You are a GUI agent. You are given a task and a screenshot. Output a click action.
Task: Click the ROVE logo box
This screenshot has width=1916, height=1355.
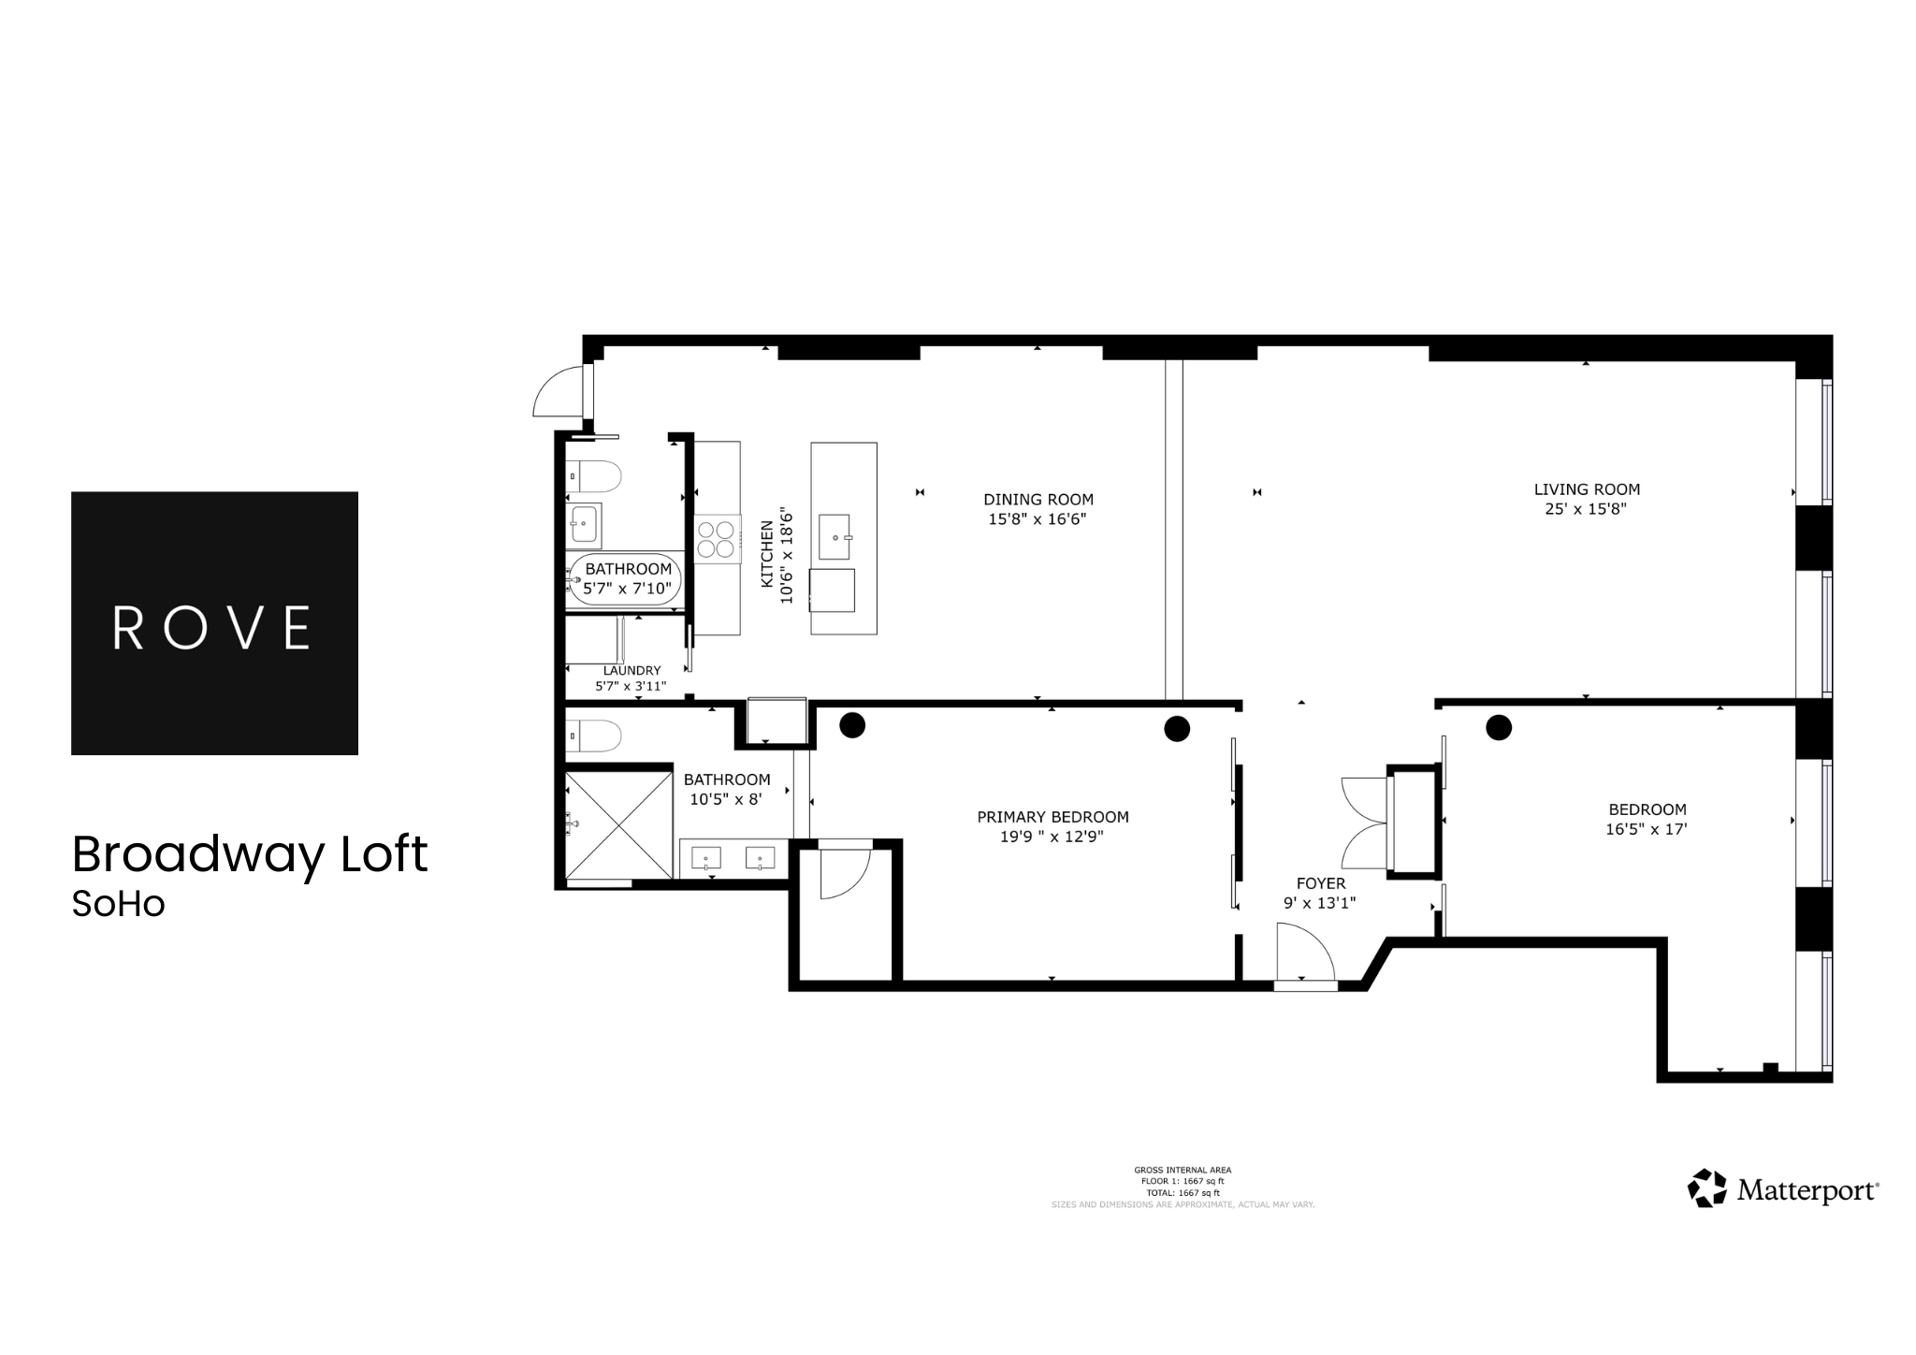pyautogui.click(x=214, y=622)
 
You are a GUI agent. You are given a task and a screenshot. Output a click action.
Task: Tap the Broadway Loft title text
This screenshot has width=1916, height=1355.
pyautogui.click(x=250, y=853)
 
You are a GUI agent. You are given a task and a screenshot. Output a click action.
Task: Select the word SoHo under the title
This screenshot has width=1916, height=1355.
pyautogui.click(x=118, y=904)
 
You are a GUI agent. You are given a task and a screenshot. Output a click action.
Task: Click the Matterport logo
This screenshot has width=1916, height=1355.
pyautogui.click(x=1782, y=1189)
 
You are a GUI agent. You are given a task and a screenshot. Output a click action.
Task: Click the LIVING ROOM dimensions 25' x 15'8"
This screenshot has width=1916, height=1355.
pyautogui.click(x=1586, y=509)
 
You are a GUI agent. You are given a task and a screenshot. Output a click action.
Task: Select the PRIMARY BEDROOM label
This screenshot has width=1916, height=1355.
pyautogui.click(x=1052, y=817)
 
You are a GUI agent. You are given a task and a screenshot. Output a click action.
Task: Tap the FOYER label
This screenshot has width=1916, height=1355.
pyautogui.click(x=1320, y=883)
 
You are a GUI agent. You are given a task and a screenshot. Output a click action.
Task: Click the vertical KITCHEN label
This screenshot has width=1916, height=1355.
pyautogui.click(x=767, y=554)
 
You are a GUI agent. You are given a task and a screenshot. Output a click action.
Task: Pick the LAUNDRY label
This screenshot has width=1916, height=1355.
pyautogui.click(x=631, y=670)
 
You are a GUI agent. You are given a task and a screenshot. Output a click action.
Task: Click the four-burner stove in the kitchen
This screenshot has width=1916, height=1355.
pyautogui.click(x=717, y=540)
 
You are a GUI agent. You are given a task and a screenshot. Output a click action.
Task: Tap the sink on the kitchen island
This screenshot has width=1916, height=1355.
pyautogui.click(x=834, y=536)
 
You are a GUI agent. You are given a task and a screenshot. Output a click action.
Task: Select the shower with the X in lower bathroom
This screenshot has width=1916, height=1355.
pyautogui.click(x=618, y=824)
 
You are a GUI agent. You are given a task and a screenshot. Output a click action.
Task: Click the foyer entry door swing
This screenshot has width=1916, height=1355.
pyautogui.click(x=1305, y=950)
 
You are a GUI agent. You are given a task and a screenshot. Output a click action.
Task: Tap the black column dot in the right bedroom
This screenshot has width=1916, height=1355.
pyautogui.click(x=1499, y=727)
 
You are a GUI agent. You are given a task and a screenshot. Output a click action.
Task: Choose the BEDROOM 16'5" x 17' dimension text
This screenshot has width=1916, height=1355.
pyautogui.click(x=1646, y=829)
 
